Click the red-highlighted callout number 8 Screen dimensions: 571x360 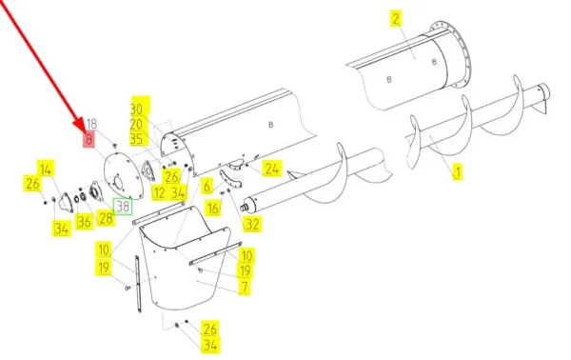click(89, 139)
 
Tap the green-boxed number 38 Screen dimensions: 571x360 click(123, 207)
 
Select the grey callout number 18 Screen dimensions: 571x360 click(91, 124)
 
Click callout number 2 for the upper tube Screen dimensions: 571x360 click(396, 19)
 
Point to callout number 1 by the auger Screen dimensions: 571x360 click(458, 172)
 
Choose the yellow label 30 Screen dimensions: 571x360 click(136, 109)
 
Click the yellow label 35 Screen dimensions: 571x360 click(136, 138)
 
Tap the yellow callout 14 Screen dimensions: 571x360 click(46, 170)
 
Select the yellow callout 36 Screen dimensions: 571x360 click(84, 222)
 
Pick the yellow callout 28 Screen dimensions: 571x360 click(107, 218)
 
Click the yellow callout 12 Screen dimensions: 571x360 click(159, 192)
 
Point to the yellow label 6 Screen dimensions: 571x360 click(207, 186)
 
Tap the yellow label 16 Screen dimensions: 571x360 click(213, 209)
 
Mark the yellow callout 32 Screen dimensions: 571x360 click(252, 224)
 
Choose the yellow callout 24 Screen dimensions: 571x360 click(271, 170)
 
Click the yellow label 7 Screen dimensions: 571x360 click(245, 287)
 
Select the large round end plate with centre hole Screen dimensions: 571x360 click(122, 176)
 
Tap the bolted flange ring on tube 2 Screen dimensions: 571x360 click(451, 54)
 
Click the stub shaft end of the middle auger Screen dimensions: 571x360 click(243, 209)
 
